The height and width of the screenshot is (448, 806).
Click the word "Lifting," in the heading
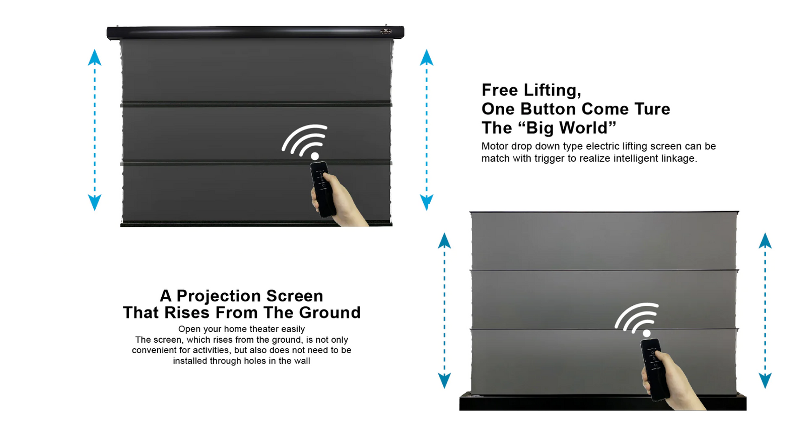(x=552, y=90)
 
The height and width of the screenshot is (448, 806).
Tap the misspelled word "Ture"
(x=652, y=109)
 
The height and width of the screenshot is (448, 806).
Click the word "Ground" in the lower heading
(x=329, y=312)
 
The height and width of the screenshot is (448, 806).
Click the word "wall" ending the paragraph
(x=302, y=361)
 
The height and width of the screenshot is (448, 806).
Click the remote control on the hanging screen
(x=323, y=189)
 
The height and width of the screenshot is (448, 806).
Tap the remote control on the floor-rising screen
(x=654, y=369)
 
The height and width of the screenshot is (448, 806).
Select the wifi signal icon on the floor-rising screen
(x=637, y=319)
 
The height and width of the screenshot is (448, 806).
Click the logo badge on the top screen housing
(x=386, y=31)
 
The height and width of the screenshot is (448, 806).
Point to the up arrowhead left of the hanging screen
(x=95, y=57)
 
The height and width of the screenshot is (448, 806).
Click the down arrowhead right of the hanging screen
(x=426, y=202)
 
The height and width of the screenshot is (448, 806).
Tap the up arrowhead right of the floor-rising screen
(x=765, y=240)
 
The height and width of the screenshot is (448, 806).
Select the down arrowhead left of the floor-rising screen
(x=444, y=380)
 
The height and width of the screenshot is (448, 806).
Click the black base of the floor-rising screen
(x=602, y=402)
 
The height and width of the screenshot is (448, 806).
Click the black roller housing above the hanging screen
(x=255, y=32)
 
